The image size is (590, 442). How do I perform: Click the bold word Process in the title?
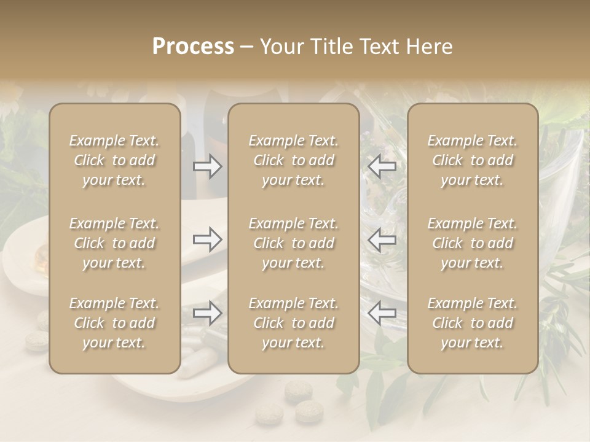click(x=193, y=46)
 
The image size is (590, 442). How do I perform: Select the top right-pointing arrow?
click(x=208, y=166)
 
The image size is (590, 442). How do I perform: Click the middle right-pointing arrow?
click(x=208, y=239)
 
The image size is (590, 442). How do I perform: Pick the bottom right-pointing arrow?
click(x=208, y=313)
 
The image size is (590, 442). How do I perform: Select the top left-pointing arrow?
click(x=382, y=166)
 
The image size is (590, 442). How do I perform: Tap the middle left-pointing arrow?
click(x=382, y=239)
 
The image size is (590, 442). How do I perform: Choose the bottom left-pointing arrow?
click(x=382, y=313)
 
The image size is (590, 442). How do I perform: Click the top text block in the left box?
click(x=114, y=160)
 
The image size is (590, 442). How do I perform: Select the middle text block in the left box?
click(x=114, y=243)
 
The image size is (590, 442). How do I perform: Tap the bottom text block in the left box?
click(x=114, y=323)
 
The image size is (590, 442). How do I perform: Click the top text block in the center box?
click(x=294, y=160)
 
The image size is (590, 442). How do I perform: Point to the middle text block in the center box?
click(x=294, y=243)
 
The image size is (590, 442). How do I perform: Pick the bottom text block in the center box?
click(x=294, y=323)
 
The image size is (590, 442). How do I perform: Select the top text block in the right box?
click(x=473, y=160)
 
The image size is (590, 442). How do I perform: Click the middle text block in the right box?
click(x=473, y=243)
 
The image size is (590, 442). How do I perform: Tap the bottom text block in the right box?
click(x=473, y=323)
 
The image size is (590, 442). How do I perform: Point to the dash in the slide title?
click(x=246, y=47)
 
